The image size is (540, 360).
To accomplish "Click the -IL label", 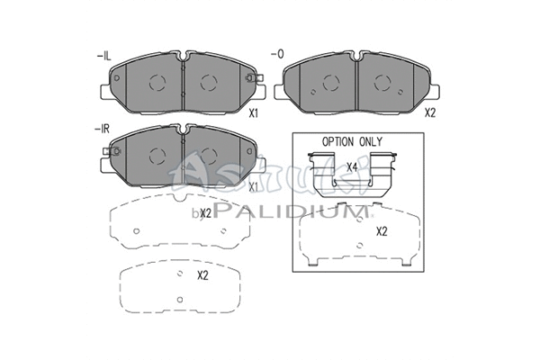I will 103,57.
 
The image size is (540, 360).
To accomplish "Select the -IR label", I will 103,129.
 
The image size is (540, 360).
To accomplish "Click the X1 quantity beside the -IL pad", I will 254,114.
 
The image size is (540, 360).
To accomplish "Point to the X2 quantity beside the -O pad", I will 429,114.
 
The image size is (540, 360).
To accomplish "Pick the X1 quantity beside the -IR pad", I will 254,186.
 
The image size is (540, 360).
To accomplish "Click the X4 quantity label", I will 353,167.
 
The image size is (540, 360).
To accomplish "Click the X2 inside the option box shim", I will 381,231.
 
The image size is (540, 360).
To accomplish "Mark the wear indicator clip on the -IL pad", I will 252,80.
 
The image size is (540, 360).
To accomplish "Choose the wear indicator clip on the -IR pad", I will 112,154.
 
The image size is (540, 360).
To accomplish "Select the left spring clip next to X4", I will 320,173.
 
